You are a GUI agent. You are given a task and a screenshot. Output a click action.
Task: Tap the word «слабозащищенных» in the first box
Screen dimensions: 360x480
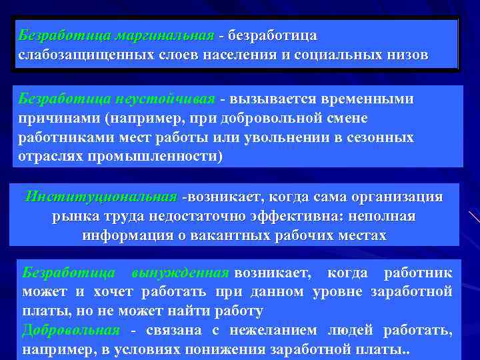click(75, 54)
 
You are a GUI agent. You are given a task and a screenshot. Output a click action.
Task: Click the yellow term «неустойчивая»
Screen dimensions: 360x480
click(165, 99)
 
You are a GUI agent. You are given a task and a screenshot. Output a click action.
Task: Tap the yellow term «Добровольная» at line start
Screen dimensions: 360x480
click(71, 331)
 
